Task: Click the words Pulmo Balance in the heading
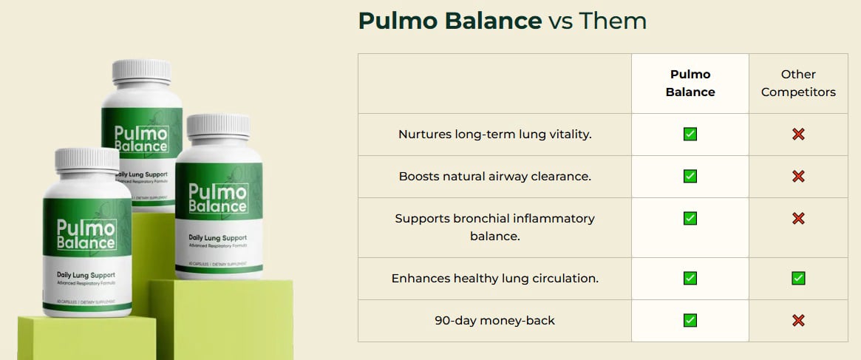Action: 449,21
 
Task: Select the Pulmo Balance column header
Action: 690,83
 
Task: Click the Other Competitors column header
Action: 798,83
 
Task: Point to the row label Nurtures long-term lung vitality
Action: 494,135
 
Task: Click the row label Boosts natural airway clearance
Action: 494,177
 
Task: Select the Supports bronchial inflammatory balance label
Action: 494,227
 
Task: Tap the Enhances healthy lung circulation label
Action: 494,279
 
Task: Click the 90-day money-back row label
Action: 494,321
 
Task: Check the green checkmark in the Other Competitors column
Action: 798,279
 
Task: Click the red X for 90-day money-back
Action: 798,321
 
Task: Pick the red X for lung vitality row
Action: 798,135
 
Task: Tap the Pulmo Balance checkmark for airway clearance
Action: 690,177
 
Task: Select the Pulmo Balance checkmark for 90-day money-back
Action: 690,321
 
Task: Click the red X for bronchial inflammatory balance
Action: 798,219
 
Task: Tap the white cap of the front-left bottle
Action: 86,159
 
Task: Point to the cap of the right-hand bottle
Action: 218,126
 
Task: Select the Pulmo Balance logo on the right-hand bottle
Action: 218,197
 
